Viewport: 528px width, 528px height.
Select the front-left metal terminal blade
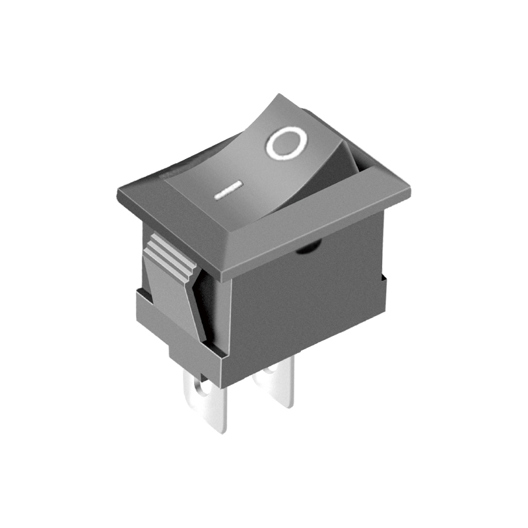(205, 402)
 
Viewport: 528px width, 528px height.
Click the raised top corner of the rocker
(278, 96)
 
